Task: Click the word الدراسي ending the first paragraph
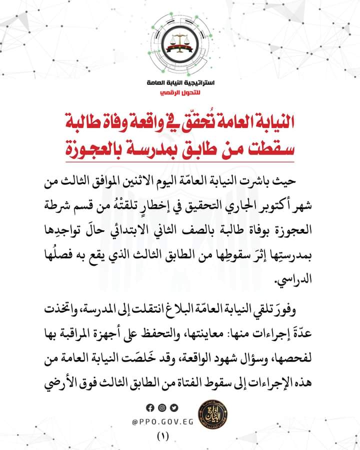click(x=293, y=281)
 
